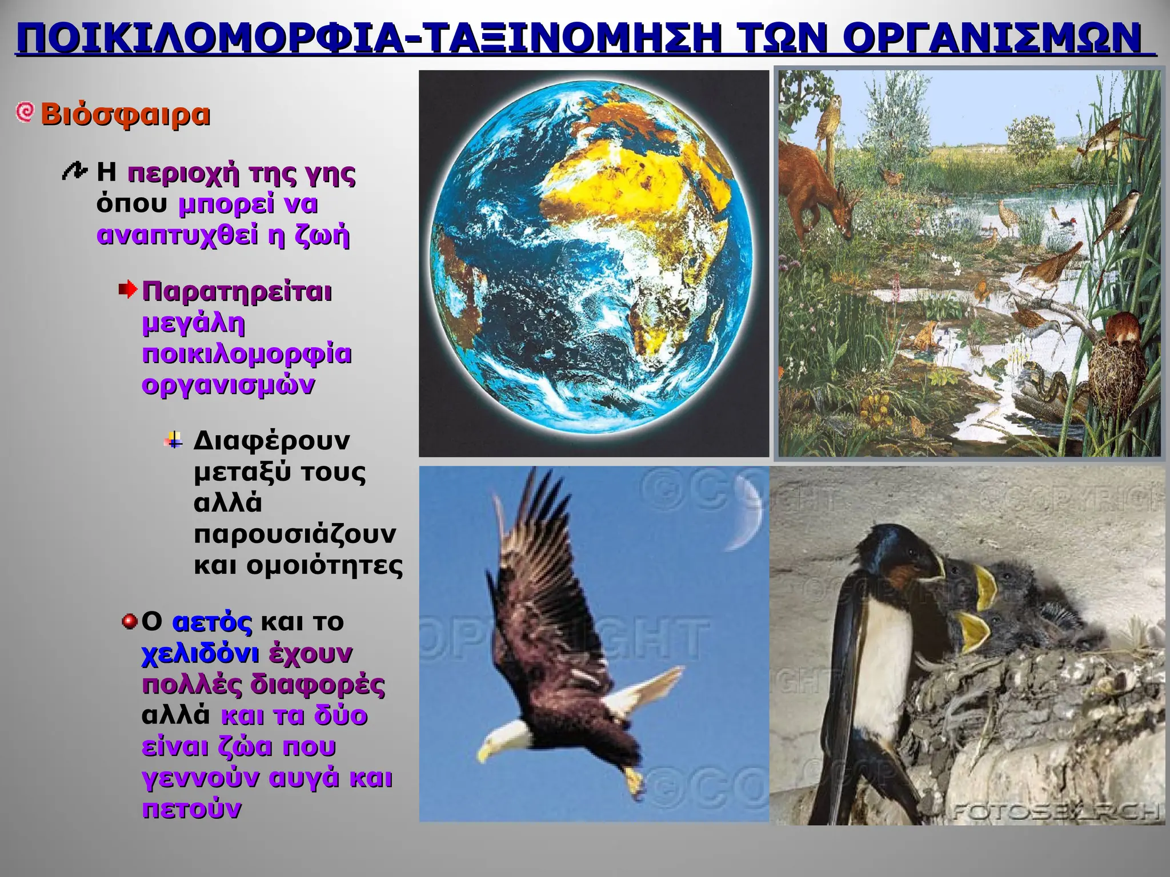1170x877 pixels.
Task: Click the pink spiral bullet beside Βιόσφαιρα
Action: [x=25, y=112]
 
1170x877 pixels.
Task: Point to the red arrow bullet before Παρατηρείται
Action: [x=128, y=290]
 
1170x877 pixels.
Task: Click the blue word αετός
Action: [x=212, y=622]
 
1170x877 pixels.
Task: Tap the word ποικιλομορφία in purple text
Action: [x=247, y=354]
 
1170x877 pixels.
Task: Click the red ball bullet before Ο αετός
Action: [x=130, y=621]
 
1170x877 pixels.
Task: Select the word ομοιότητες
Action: [x=324, y=566]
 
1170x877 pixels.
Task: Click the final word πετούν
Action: [x=191, y=809]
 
